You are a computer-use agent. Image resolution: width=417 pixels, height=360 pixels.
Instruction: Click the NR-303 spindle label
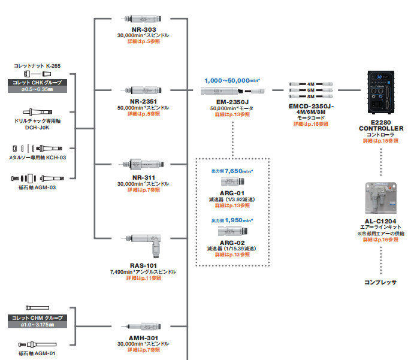[x=143, y=29]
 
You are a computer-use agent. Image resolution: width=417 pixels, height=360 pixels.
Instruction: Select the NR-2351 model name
[x=143, y=102]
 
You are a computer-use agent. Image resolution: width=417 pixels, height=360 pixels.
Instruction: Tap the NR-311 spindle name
[x=143, y=178]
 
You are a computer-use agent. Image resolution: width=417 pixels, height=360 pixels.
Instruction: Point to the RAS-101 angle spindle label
[x=143, y=265]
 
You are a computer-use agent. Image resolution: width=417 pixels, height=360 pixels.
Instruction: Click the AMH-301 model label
[x=143, y=338]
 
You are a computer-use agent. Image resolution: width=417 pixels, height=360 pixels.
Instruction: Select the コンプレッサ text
[x=380, y=281]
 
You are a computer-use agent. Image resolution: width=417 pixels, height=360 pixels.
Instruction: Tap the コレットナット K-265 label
[x=37, y=65]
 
